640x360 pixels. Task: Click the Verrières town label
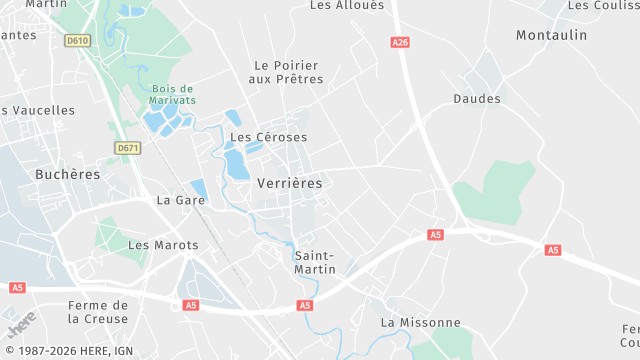pyautogui.click(x=290, y=183)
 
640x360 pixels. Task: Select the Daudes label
pyautogui.click(x=477, y=99)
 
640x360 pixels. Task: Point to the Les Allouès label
pyautogui.click(x=347, y=5)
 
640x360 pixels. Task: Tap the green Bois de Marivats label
pyautogui.click(x=173, y=94)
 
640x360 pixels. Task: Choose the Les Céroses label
pyautogui.click(x=268, y=137)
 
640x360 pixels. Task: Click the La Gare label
pyautogui.click(x=181, y=200)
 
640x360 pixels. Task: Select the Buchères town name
pyautogui.click(x=68, y=174)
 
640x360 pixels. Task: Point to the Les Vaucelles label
pyautogui.click(x=40, y=110)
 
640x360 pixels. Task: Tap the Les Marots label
pyautogui.click(x=163, y=245)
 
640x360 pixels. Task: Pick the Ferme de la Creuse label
pyautogui.click(x=98, y=312)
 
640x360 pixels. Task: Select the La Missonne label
pyautogui.click(x=421, y=322)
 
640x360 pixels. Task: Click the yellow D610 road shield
pyautogui.click(x=77, y=41)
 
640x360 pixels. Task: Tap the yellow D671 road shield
pyautogui.click(x=128, y=148)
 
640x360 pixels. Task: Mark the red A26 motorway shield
pyautogui.click(x=401, y=42)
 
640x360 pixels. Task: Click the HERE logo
pyautogui.click(x=21, y=326)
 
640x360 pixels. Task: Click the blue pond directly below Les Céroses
pyautogui.click(x=237, y=163)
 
